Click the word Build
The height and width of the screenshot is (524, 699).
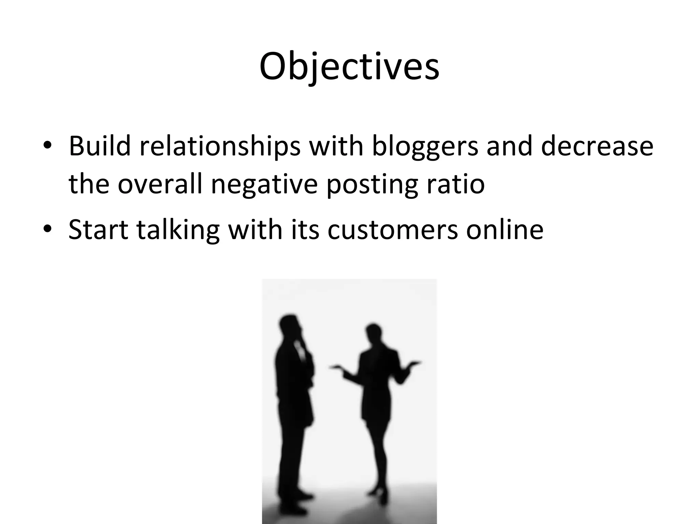tap(100, 146)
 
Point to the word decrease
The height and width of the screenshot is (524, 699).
tap(597, 146)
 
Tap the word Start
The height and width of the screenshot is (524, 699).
tap(98, 229)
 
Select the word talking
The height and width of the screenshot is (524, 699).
tap(178, 230)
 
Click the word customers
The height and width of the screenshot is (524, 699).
tap(393, 229)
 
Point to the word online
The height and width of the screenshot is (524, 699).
tap(505, 229)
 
